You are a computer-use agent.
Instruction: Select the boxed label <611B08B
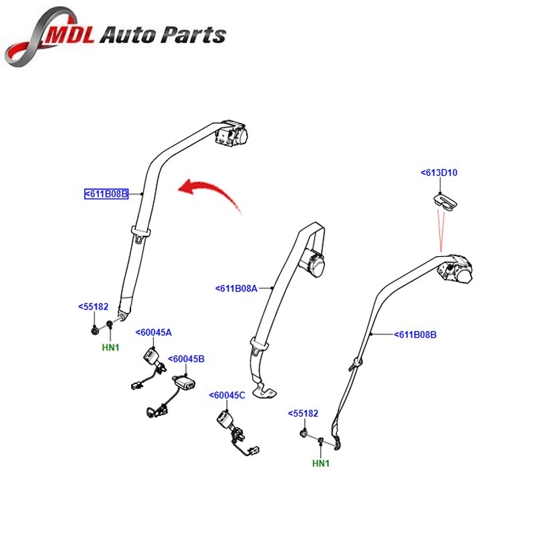tap(106, 195)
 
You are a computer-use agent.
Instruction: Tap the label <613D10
tap(439, 173)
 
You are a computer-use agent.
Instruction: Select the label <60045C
tap(227, 395)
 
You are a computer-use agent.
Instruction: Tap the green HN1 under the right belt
tap(321, 463)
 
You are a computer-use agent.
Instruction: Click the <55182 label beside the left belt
tap(93, 307)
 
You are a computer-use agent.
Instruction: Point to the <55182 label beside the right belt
tap(303, 414)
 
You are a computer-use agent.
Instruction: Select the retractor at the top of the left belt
tap(230, 133)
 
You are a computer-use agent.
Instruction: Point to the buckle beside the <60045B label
tap(184, 382)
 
